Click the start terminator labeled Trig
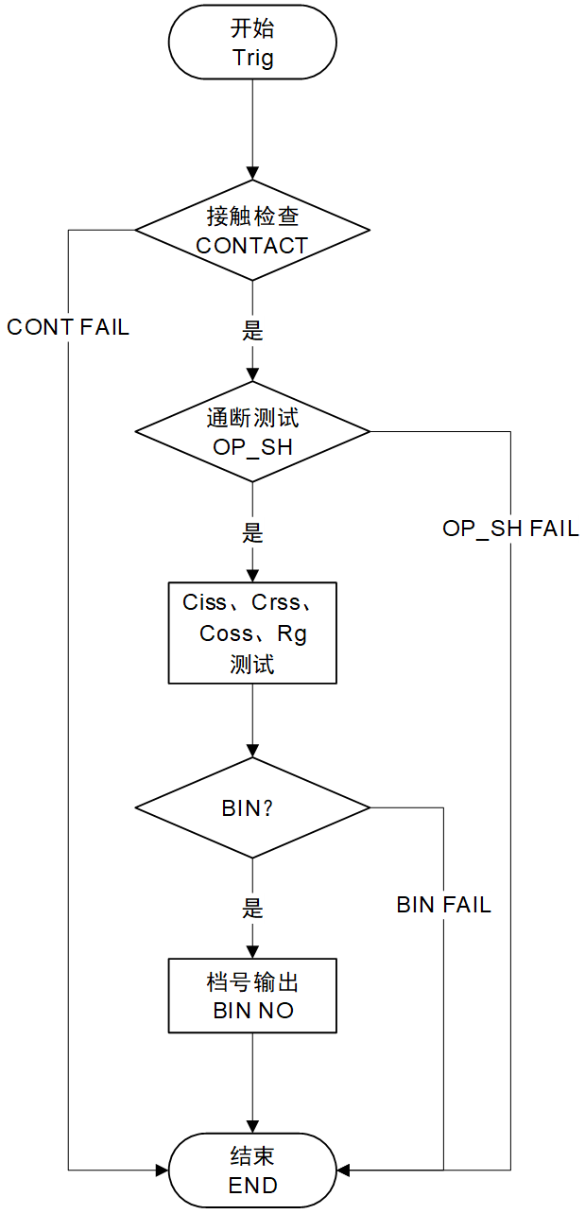pos(252,43)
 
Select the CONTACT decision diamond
pos(252,231)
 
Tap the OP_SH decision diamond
pos(252,432)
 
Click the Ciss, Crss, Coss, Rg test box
pos(252,633)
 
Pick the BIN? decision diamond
pos(252,808)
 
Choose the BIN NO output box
pos(252,996)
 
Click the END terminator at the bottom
pos(252,1171)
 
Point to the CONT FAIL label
pos(68,327)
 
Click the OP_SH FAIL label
pos(510,529)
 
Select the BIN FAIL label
pos(443,905)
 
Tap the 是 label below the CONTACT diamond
pos(252,332)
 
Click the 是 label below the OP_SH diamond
pos(252,533)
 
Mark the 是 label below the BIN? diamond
pos(252,909)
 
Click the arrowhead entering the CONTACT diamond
pos(252,173)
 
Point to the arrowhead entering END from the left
pos(162,1171)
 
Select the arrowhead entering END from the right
pos(344,1171)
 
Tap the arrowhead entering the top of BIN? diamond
pos(252,751)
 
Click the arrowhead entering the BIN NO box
pos(252,952)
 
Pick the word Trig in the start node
pos(252,58)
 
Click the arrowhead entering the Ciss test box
pos(252,575)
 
